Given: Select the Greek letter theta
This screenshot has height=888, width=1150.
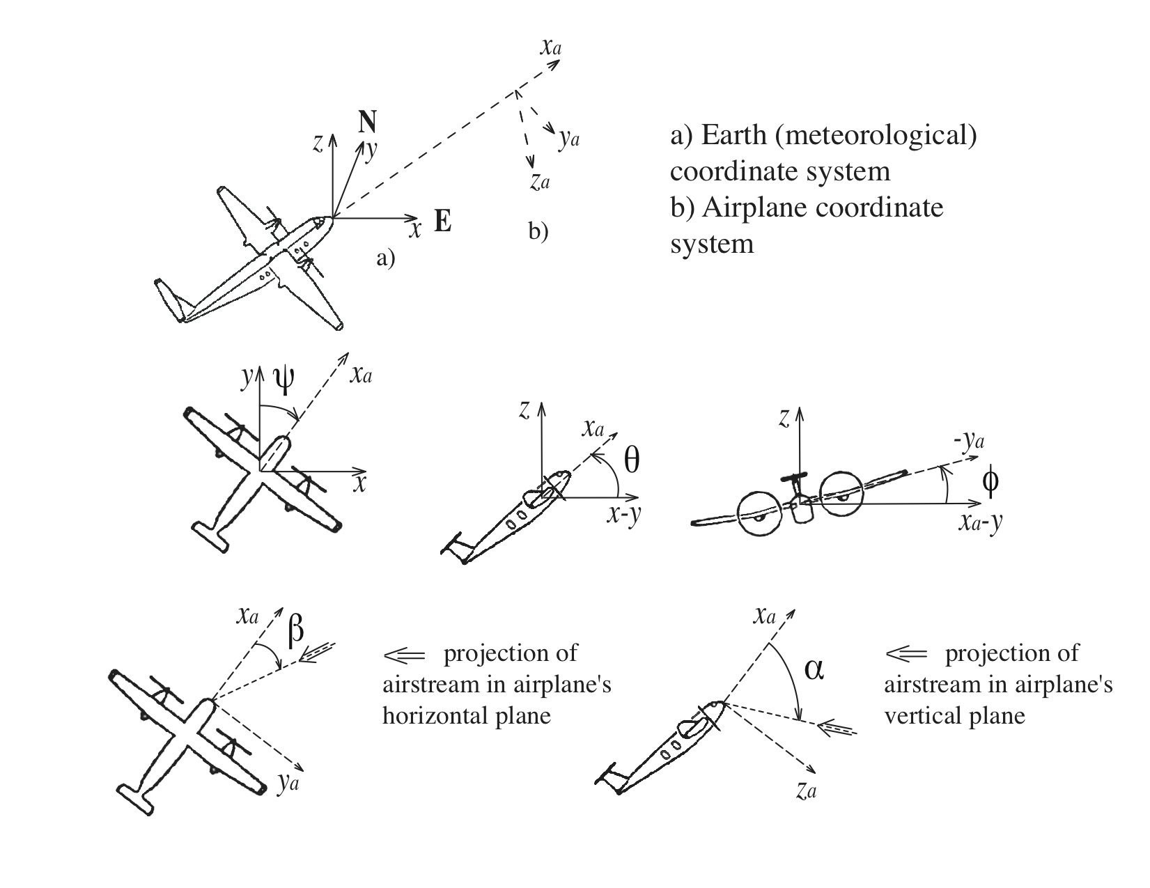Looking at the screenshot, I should (x=631, y=460).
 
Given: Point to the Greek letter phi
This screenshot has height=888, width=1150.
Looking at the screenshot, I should (x=990, y=481).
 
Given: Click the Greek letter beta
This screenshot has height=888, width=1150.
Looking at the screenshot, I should (x=295, y=629).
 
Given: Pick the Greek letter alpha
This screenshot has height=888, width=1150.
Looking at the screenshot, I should (x=814, y=669).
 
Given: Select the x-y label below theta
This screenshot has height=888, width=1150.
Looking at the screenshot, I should (x=623, y=515).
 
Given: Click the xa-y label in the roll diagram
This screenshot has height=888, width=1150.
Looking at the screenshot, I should (x=980, y=522).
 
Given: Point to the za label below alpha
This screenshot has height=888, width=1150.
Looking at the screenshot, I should (x=806, y=790).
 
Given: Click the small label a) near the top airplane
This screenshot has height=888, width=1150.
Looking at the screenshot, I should (x=385, y=259).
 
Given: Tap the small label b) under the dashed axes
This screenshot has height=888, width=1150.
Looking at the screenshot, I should (x=538, y=231).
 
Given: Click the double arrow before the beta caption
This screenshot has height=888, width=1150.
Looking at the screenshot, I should (x=403, y=655).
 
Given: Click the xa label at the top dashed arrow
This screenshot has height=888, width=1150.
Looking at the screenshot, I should (x=550, y=47).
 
